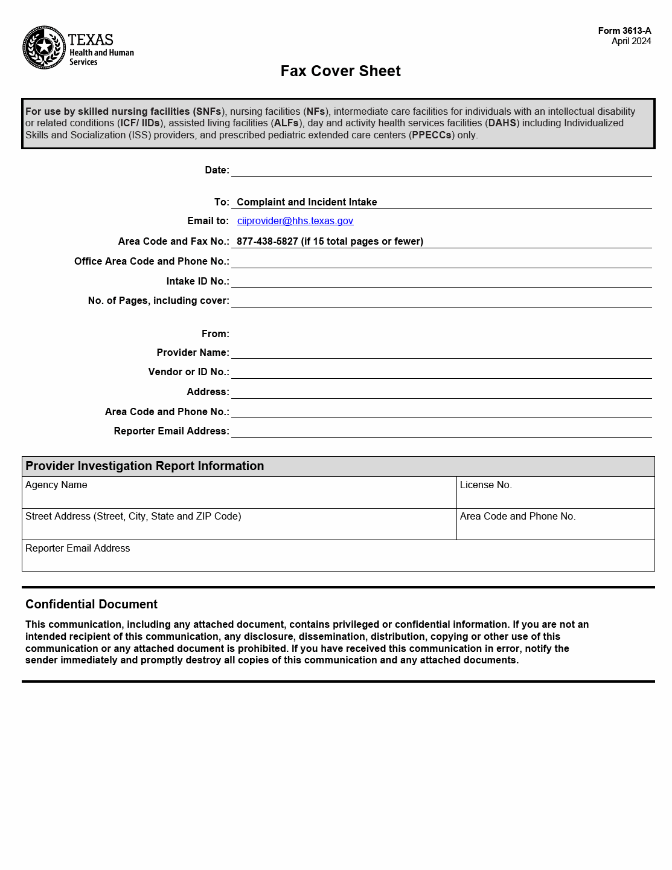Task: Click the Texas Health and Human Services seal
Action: [44, 47]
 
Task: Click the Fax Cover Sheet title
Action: [341, 71]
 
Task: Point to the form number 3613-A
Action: [624, 31]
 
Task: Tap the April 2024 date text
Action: [631, 41]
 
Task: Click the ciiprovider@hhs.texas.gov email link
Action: [295, 221]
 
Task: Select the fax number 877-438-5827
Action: [267, 242]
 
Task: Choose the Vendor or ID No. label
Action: [188, 372]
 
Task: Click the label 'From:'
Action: [216, 334]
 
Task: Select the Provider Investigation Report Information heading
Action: [145, 466]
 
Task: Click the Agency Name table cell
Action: [239, 492]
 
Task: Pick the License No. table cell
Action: [555, 492]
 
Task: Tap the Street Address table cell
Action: [239, 524]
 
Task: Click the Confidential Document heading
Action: [91, 605]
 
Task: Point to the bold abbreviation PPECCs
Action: [432, 135]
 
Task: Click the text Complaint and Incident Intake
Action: [307, 202]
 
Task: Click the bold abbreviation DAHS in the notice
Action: [502, 123]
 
